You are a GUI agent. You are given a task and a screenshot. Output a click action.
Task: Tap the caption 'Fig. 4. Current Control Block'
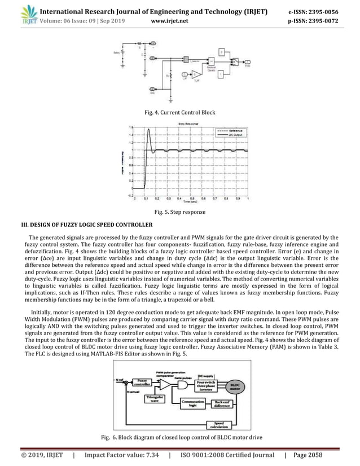coord(180,112)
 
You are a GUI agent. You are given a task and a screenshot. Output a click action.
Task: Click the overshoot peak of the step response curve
coord(148,130)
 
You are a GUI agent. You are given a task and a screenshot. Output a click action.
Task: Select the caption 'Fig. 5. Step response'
coord(180,213)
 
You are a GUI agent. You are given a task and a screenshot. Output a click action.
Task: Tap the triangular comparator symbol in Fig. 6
coord(164,384)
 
